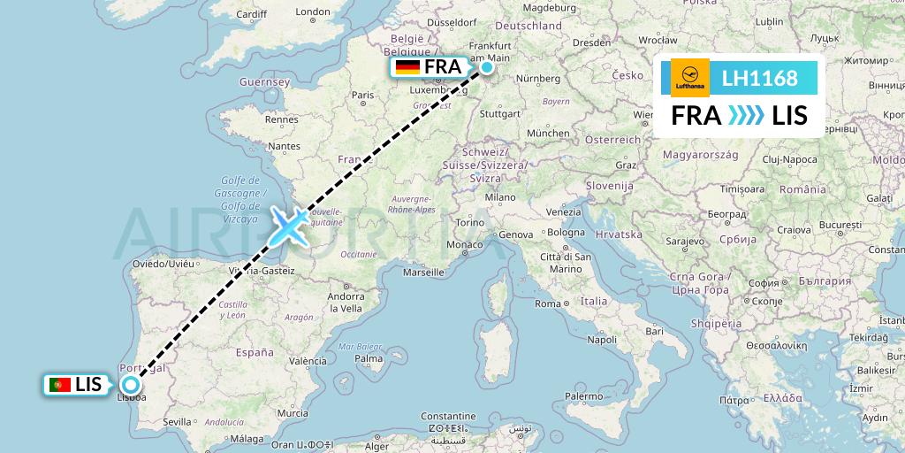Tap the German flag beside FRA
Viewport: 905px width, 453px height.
[407, 67]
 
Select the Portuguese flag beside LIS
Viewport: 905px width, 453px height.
[60, 385]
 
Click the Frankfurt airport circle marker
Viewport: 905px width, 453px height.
[487, 66]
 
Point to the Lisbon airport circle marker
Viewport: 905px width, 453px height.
[131, 385]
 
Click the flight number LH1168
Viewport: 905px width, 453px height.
[759, 79]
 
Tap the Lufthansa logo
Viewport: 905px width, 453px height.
[690, 78]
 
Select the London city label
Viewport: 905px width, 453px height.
[313, 12]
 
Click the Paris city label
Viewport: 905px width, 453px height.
[363, 95]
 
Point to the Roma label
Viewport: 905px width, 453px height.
[547, 303]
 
